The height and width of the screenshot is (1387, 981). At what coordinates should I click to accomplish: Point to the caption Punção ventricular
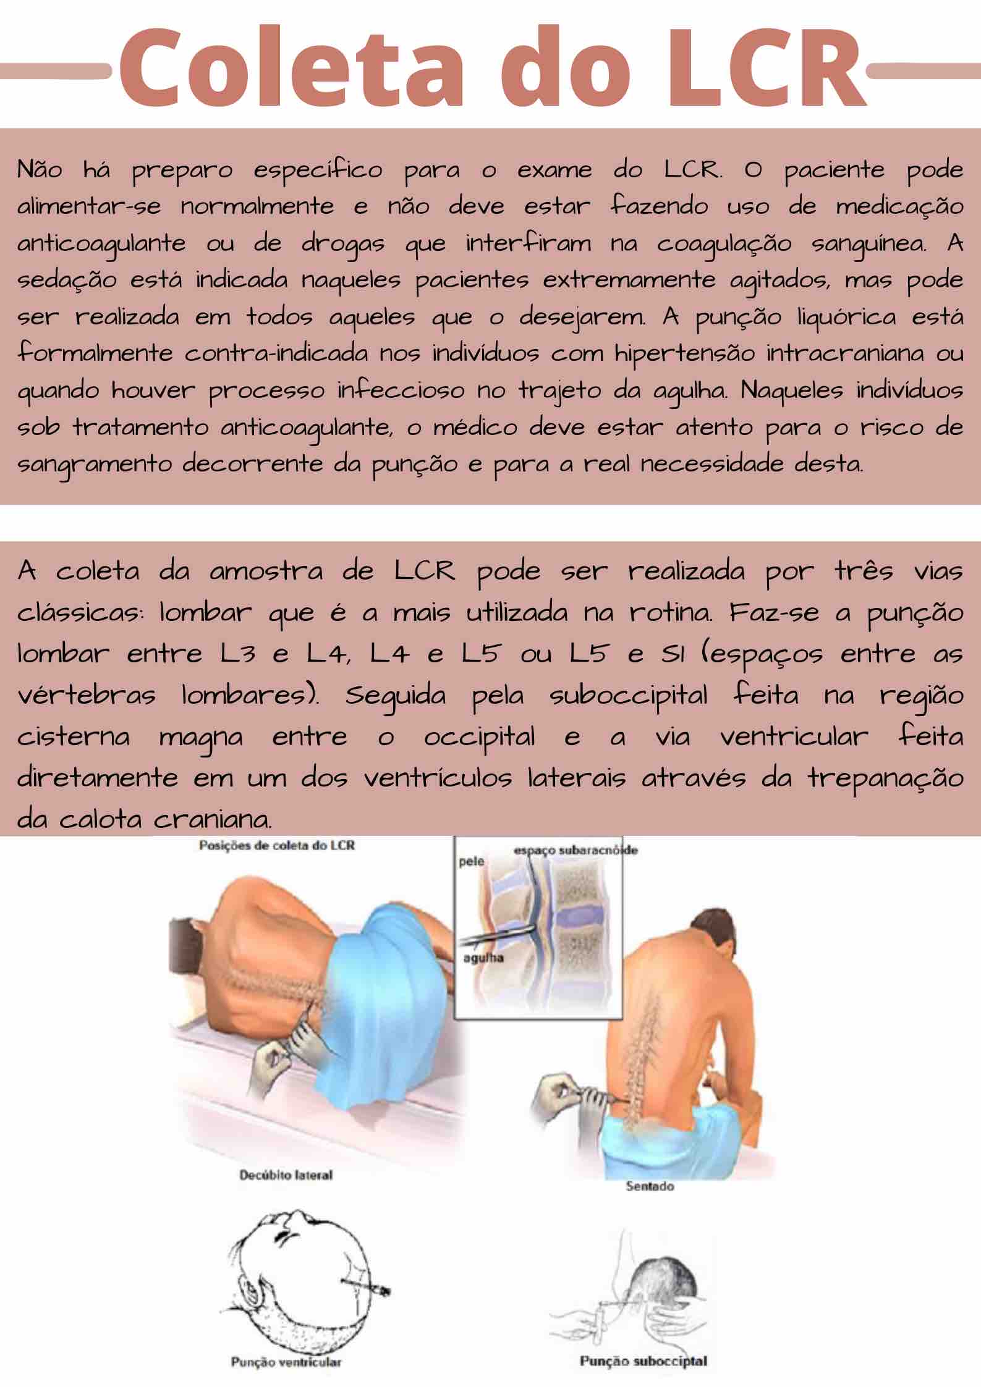286,1360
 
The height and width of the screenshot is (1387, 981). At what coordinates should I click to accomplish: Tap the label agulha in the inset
483,958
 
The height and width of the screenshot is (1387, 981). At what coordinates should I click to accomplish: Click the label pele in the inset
471,861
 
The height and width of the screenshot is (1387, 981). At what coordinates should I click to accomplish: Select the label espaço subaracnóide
575,850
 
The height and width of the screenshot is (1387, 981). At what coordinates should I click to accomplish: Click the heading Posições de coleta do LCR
276,845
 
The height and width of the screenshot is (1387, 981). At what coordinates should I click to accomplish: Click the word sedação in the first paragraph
67,280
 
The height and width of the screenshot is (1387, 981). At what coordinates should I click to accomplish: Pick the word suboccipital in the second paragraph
628,696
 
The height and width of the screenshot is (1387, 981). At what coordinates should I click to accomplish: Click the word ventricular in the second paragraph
794,737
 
